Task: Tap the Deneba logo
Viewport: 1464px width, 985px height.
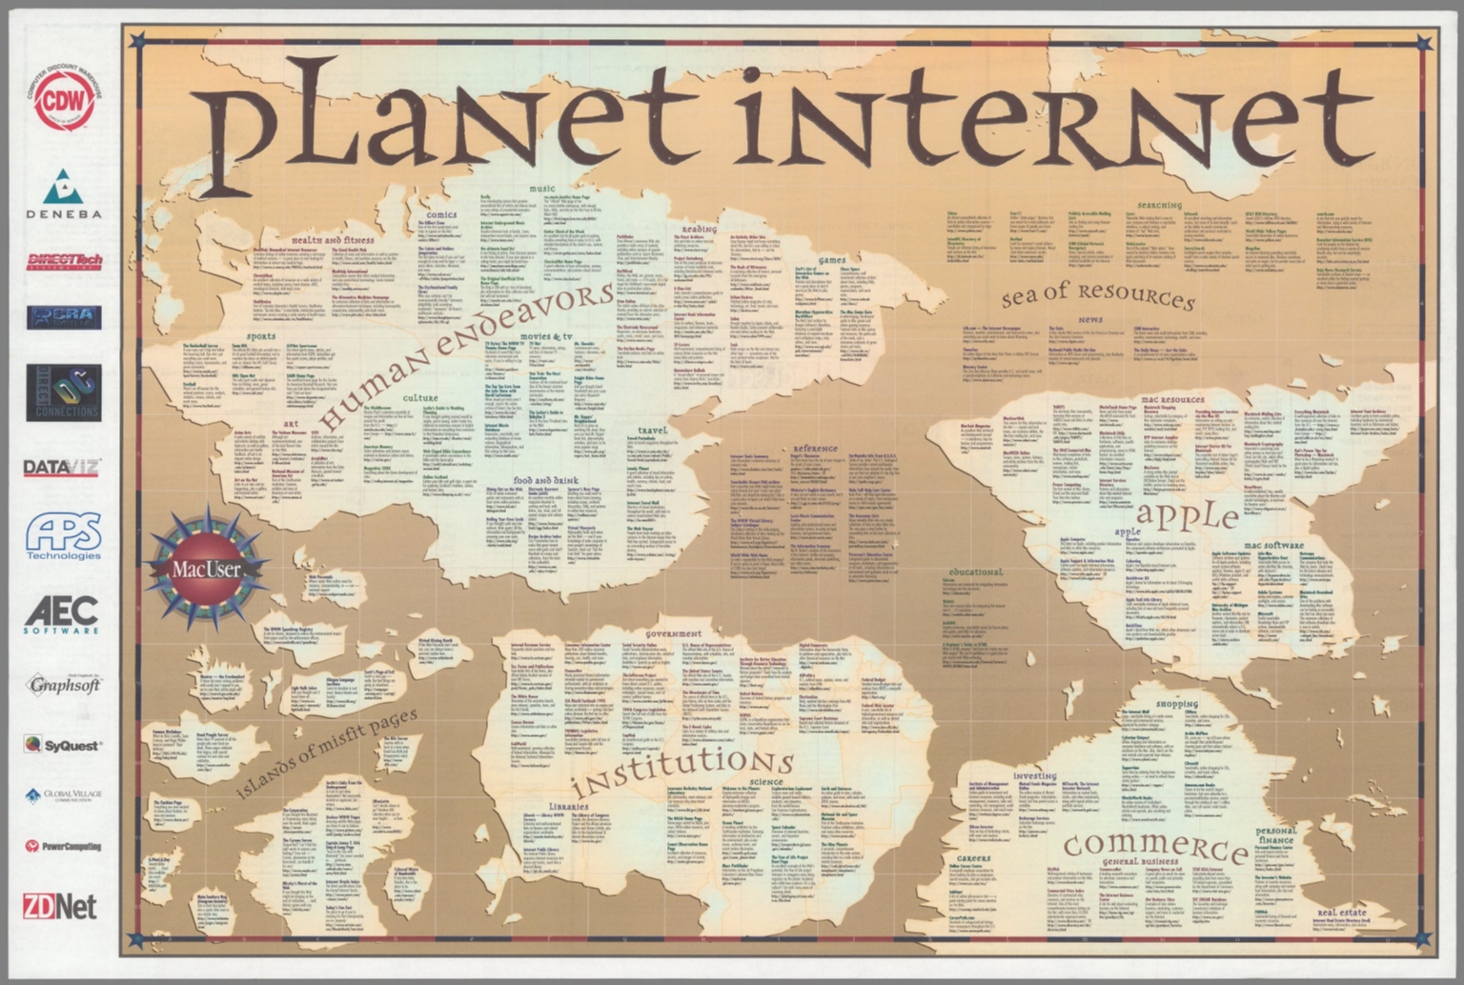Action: pyautogui.click(x=63, y=194)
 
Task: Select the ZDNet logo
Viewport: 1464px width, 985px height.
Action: pyautogui.click(x=60, y=906)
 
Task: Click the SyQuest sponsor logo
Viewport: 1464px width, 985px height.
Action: pyautogui.click(x=63, y=745)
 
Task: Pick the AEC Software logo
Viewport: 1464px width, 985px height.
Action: pyautogui.click(x=62, y=615)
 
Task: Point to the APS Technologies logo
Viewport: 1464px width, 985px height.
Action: pyautogui.click(x=63, y=537)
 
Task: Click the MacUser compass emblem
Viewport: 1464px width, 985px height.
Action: pyautogui.click(x=206, y=569)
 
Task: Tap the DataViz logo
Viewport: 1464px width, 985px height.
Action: pyautogui.click(x=62, y=468)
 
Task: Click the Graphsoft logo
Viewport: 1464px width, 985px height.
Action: pyautogui.click(x=64, y=684)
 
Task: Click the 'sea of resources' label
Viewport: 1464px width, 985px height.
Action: pyautogui.click(x=1097, y=297)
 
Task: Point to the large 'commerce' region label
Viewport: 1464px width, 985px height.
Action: pyautogui.click(x=1155, y=846)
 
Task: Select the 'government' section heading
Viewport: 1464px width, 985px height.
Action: pyautogui.click(x=673, y=633)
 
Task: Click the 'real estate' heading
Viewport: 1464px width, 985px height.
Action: pyautogui.click(x=1341, y=912)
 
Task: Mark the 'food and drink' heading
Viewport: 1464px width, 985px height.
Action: pyautogui.click(x=546, y=481)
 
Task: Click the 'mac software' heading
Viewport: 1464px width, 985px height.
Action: pyautogui.click(x=1274, y=545)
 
